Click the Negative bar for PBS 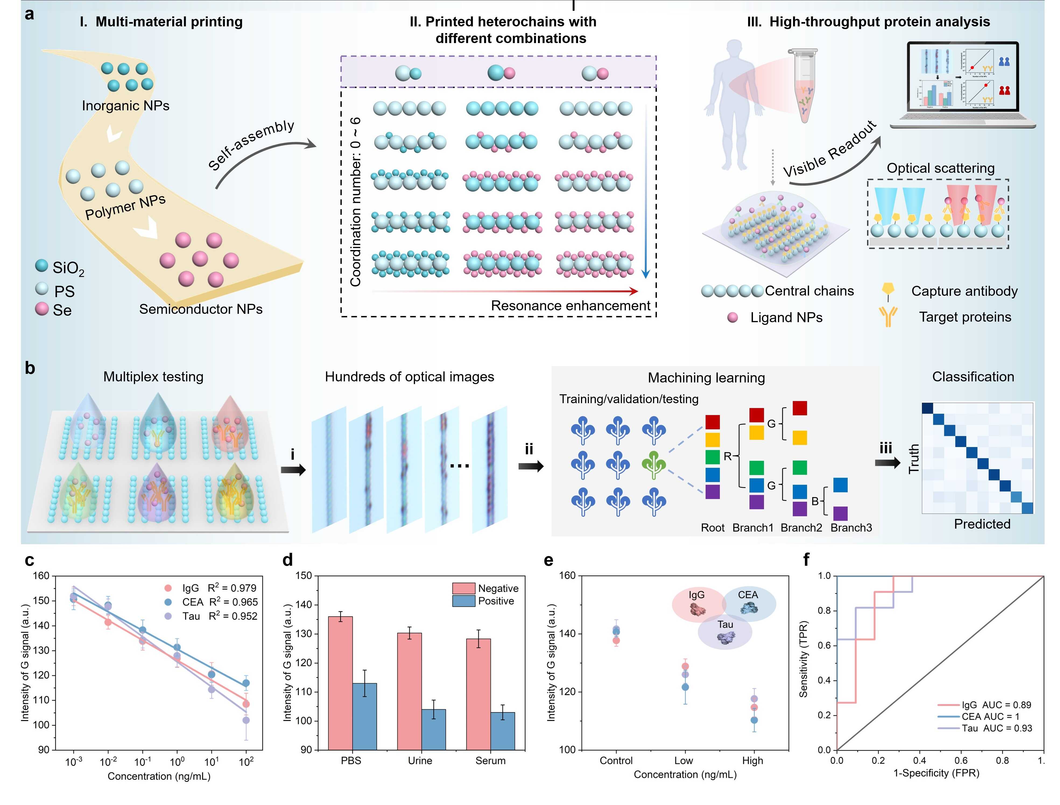pyautogui.click(x=340, y=683)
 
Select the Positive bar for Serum pyautogui.click(x=503, y=731)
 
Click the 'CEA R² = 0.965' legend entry pyautogui.click(x=220, y=602)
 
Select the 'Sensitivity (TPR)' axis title pyautogui.click(x=803, y=659)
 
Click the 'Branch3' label pyautogui.click(x=851, y=528)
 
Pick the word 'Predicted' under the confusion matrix pyautogui.click(x=982, y=524)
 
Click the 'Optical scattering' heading pyautogui.click(x=940, y=168)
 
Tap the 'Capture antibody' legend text pyautogui.click(x=964, y=291)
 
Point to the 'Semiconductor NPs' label pyautogui.click(x=201, y=309)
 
